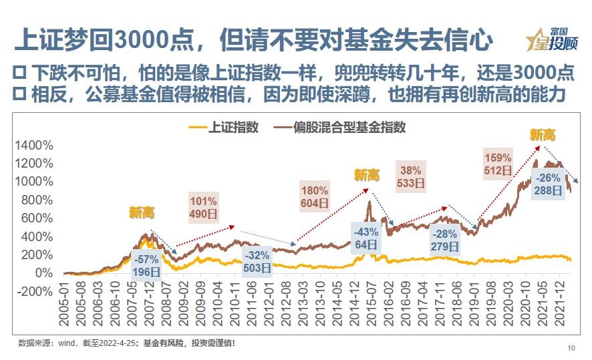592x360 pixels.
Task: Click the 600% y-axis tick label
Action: coord(35,218)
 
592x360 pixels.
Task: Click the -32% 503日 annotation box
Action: coord(257,262)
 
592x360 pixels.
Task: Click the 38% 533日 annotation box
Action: coord(411,176)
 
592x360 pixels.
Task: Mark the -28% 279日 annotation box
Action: coord(445,241)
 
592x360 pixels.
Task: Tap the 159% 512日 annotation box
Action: coord(498,164)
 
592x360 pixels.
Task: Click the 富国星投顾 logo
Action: coord(551,39)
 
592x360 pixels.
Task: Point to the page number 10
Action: coord(571,347)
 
